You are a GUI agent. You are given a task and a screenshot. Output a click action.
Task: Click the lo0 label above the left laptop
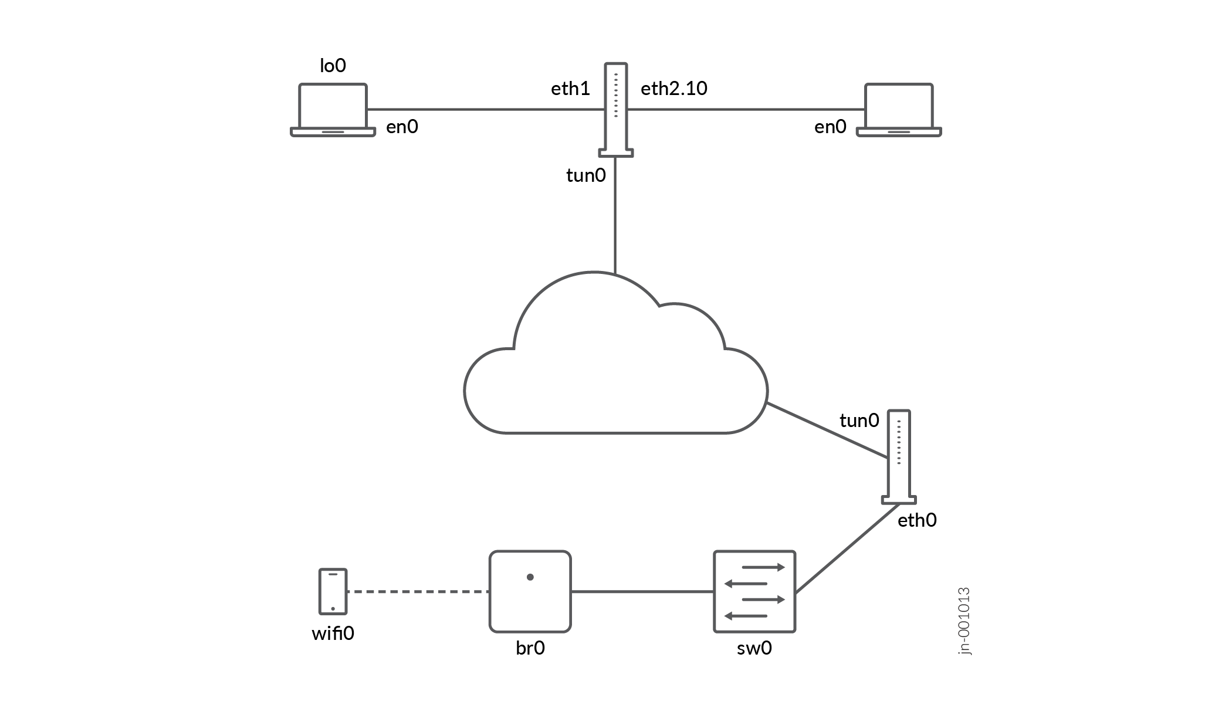(x=333, y=66)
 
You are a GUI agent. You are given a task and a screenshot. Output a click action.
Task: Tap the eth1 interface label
(x=570, y=89)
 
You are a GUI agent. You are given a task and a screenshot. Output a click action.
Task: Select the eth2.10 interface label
(x=673, y=89)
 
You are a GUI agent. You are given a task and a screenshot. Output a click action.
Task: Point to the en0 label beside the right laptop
(x=830, y=127)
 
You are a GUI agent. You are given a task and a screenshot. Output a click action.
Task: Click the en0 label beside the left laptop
(x=402, y=127)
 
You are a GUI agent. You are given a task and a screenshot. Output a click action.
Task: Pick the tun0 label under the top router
(x=585, y=175)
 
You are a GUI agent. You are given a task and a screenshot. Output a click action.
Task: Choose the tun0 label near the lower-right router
(x=859, y=421)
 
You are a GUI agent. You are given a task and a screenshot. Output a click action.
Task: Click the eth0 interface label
(x=917, y=520)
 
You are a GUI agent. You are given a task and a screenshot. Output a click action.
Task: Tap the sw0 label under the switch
(x=754, y=648)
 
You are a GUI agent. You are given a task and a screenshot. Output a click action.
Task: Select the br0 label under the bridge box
(x=530, y=648)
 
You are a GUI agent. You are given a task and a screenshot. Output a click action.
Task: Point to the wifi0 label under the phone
(x=333, y=633)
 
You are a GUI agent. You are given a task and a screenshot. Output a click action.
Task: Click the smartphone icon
(x=333, y=591)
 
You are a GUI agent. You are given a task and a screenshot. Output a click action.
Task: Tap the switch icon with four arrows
(x=754, y=591)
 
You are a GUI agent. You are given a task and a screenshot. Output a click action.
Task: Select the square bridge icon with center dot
(x=530, y=591)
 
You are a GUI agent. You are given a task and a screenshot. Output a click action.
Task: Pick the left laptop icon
(x=333, y=110)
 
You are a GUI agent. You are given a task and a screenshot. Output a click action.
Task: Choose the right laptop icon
(x=899, y=110)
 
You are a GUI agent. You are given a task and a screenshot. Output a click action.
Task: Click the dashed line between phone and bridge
(x=418, y=592)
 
